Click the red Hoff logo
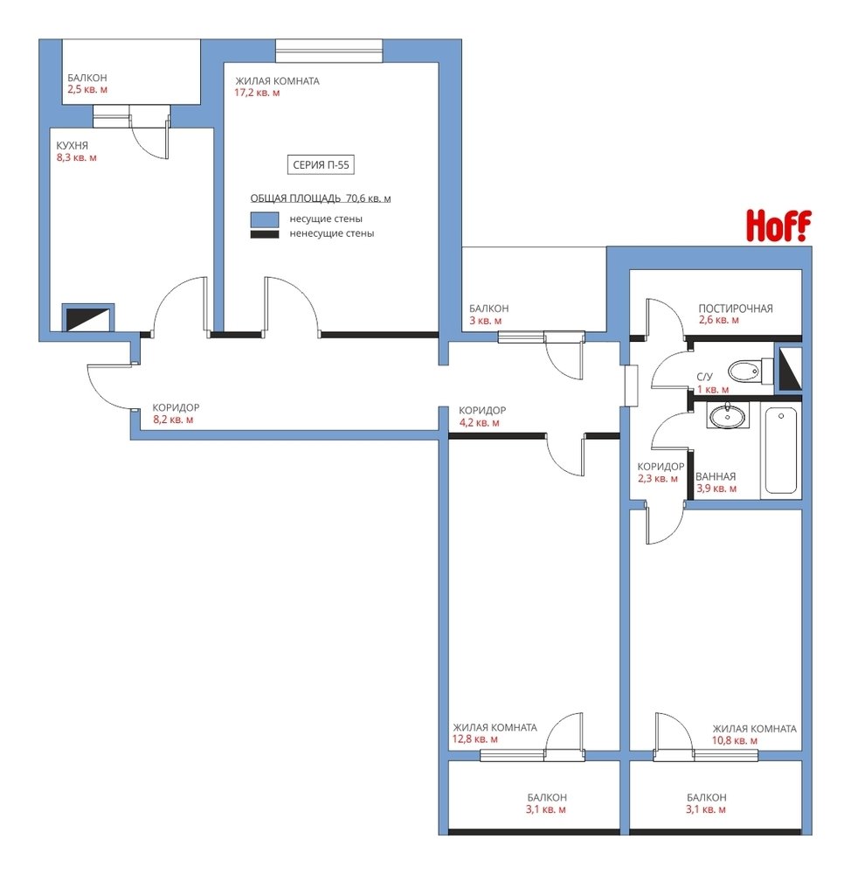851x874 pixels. pyautogui.click(x=778, y=225)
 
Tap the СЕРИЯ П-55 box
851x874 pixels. pyautogui.click(x=321, y=164)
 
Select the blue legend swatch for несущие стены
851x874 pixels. pyautogui.click(x=264, y=219)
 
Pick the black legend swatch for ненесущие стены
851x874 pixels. pyautogui.click(x=264, y=234)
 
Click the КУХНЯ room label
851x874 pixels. pyautogui.click(x=72, y=145)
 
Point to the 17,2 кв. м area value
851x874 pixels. pyautogui.click(x=257, y=93)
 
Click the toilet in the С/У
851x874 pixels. pyautogui.click(x=751, y=370)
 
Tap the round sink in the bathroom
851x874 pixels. pyautogui.click(x=726, y=415)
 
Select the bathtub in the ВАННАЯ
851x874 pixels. pyautogui.click(x=780, y=450)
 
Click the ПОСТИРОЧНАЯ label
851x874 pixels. pyautogui.click(x=735, y=309)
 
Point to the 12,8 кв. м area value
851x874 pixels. pyautogui.click(x=474, y=739)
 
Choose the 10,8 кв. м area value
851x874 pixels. pyautogui.click(x=735, y=740)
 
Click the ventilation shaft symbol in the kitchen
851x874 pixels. pyautogui.click(x=87, y=318)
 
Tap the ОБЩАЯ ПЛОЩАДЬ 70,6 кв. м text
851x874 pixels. pyautogui.click(x=321, y=198)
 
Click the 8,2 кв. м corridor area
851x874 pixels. pyautogui.click(x=173, y=420)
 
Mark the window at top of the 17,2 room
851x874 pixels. pyautogui.click(x=329, y=51)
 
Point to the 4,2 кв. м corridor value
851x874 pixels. pyautogui.click(x=480, y=422)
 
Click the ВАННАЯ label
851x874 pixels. pyautogui.click(x=716, y=476)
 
